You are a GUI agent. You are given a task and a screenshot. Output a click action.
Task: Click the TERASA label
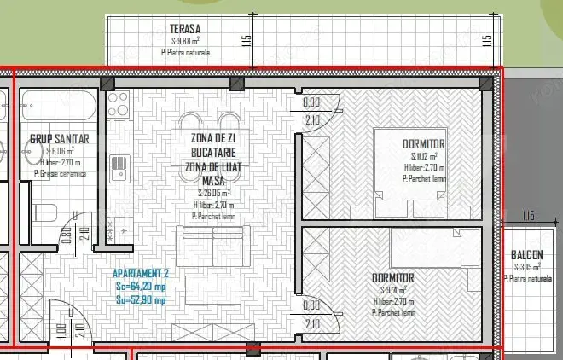[184, 28]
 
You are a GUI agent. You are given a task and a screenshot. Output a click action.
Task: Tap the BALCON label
[526, 255]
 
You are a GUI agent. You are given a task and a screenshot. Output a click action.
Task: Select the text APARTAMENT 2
[142, 274]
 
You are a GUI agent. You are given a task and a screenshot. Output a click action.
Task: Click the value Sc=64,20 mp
[142, 287]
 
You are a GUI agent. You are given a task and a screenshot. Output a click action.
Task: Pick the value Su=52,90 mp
[142, 299]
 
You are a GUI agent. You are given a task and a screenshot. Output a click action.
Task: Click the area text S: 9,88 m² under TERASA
[185, 40]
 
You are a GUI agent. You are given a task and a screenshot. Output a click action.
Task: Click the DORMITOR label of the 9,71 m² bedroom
[393, 278]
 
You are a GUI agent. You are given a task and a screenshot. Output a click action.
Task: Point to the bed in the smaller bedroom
[435, 250]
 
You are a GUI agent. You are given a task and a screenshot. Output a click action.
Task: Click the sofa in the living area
[212, 244]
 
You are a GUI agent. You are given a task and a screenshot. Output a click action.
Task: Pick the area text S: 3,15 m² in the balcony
[527, 268]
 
